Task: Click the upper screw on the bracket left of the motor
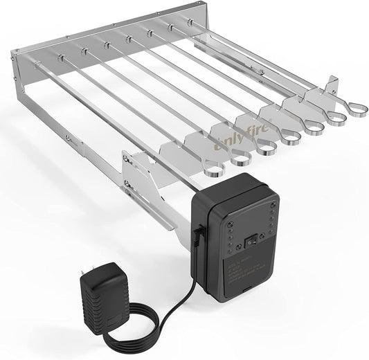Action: point(127,160)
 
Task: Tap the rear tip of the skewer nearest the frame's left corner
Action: point(37,64)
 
